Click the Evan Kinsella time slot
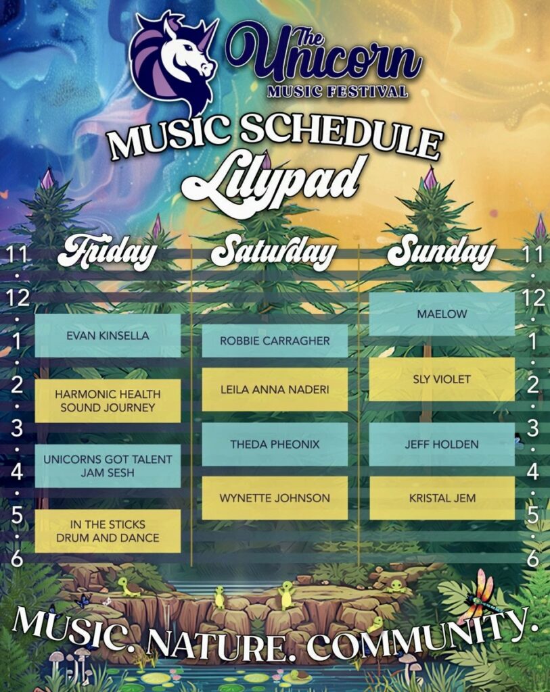108,335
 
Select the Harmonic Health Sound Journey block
108,401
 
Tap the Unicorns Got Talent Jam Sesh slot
108,466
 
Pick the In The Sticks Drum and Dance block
108,531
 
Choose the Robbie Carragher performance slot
275,341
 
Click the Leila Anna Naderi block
275,390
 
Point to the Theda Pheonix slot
275,445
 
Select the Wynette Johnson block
275,498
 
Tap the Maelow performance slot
442,314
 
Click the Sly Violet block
442,379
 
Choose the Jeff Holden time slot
442,445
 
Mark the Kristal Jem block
442,498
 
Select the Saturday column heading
274,251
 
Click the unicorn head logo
175,61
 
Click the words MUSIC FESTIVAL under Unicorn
338,91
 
